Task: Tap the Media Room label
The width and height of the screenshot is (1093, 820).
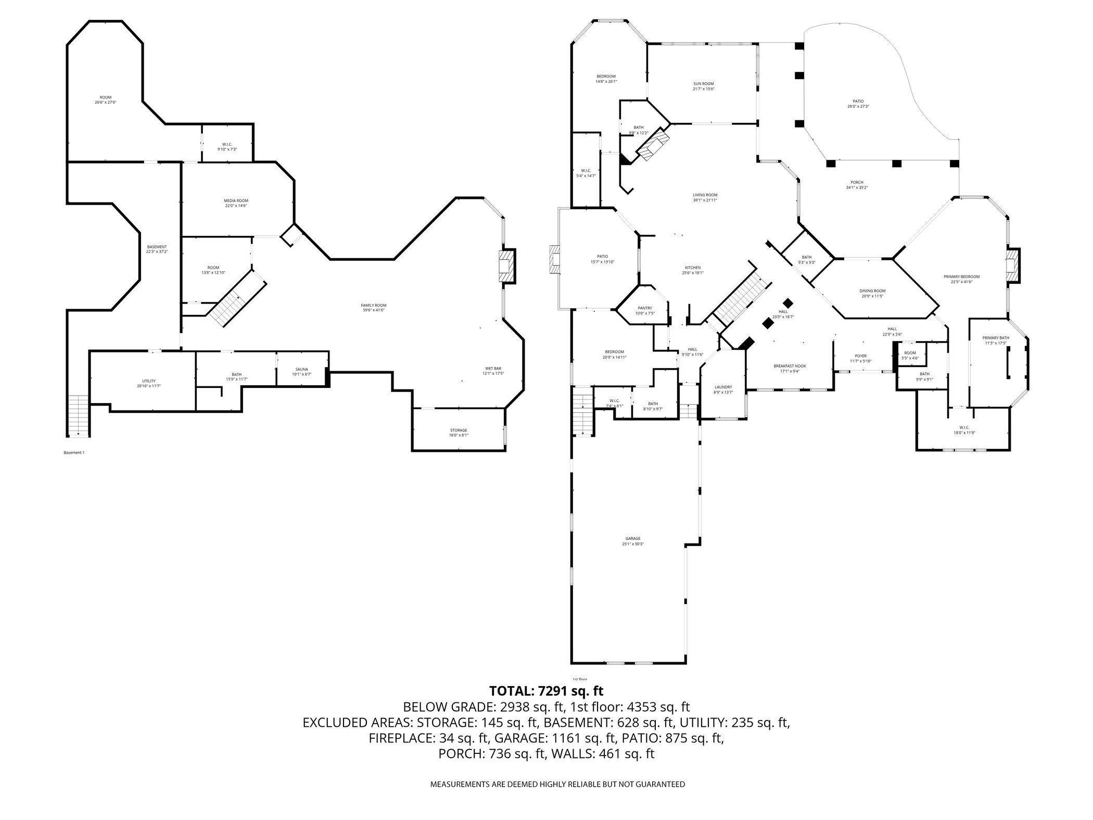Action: coord(236,200)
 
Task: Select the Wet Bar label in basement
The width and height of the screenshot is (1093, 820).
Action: coord(493,369)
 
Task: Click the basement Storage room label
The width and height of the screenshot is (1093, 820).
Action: coord(459,430)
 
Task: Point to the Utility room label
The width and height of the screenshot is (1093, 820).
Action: coord(149,381)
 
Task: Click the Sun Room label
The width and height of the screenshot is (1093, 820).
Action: coord(703,84)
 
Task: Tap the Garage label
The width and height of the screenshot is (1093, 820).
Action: coord(633,539)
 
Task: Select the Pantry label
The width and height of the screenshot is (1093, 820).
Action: coord(644,308)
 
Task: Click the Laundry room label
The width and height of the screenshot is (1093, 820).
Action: coord(723,387)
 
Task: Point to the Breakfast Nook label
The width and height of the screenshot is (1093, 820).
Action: coord(789,366)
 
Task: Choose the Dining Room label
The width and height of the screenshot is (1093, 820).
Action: coord(872,291)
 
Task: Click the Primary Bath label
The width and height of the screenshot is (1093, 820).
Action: coord(996,338)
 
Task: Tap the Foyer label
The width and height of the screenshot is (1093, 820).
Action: coord(860,356)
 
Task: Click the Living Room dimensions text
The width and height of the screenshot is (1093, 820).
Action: coord(705,200)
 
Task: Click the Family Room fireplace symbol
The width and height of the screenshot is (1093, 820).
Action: coord(506,267)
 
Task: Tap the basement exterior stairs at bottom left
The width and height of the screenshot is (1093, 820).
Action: coord(78,415)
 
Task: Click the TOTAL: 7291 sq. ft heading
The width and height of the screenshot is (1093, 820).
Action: coord(546,691)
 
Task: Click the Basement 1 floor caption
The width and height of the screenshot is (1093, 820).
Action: coord(73,453)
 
